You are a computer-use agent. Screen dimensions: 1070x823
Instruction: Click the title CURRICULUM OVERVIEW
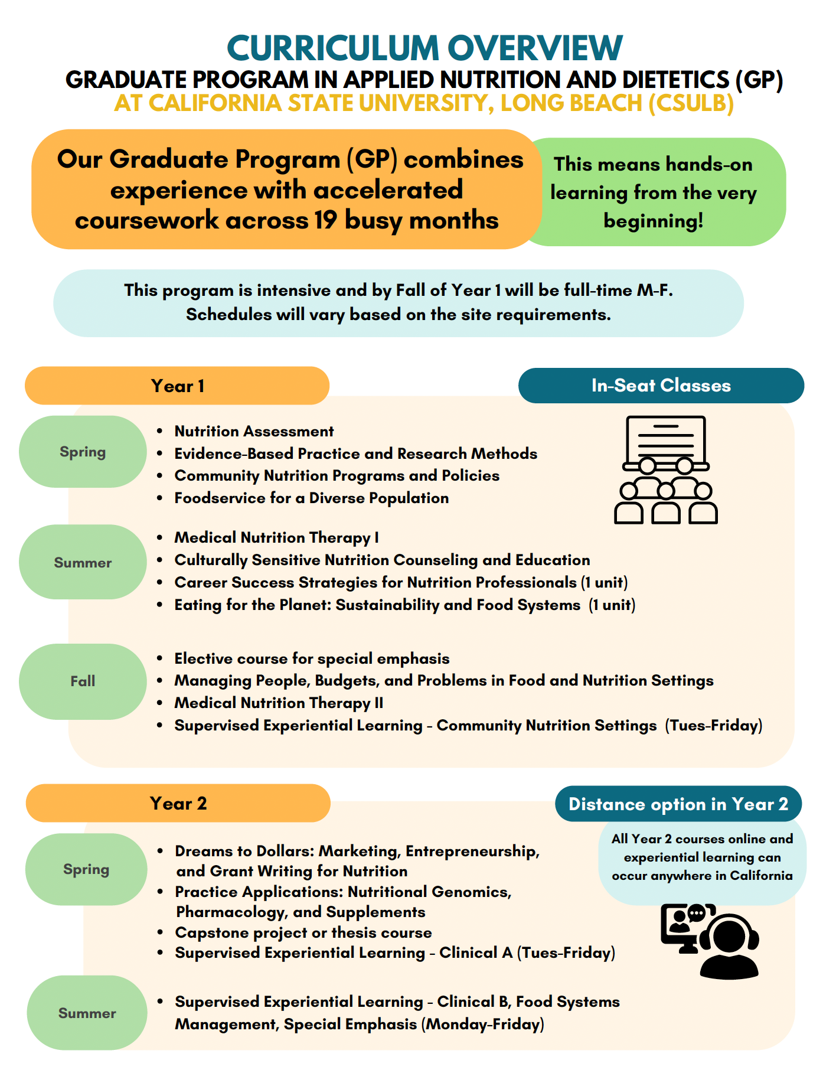pos(424,48)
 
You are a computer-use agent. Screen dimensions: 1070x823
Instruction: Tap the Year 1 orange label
pos(177,386)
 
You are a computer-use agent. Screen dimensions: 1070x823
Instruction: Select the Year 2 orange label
pos(178,804)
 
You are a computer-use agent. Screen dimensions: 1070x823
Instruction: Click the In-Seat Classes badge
pos(661,386)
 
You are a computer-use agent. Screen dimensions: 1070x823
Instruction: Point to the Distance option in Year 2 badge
pos(678,804)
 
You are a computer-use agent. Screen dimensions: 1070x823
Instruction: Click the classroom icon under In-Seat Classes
pos(665,470)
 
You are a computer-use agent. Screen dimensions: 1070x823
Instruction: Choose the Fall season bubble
pos(83,681)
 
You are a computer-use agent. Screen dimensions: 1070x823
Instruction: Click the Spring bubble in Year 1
pos(83,452)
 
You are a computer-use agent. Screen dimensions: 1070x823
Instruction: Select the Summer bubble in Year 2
pos(87,1013)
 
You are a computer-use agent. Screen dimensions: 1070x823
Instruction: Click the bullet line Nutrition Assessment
pos(254,432)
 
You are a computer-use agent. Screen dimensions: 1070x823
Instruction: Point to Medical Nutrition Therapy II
pos(279,703)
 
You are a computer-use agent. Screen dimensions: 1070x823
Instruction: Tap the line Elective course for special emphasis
pos(312,659)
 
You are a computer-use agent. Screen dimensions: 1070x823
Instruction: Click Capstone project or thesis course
pos(303,933)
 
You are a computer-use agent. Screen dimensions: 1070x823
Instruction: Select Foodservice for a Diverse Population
pos(311,498)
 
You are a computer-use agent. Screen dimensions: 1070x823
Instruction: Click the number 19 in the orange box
pos(325,220)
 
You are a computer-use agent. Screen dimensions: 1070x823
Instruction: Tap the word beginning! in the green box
pos(653,221)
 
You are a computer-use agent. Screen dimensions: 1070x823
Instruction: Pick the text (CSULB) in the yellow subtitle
pos(691,103)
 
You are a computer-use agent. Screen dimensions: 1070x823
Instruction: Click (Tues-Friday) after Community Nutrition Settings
pos(714,726)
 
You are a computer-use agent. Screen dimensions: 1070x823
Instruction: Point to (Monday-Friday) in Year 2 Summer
pos(483,1025)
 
